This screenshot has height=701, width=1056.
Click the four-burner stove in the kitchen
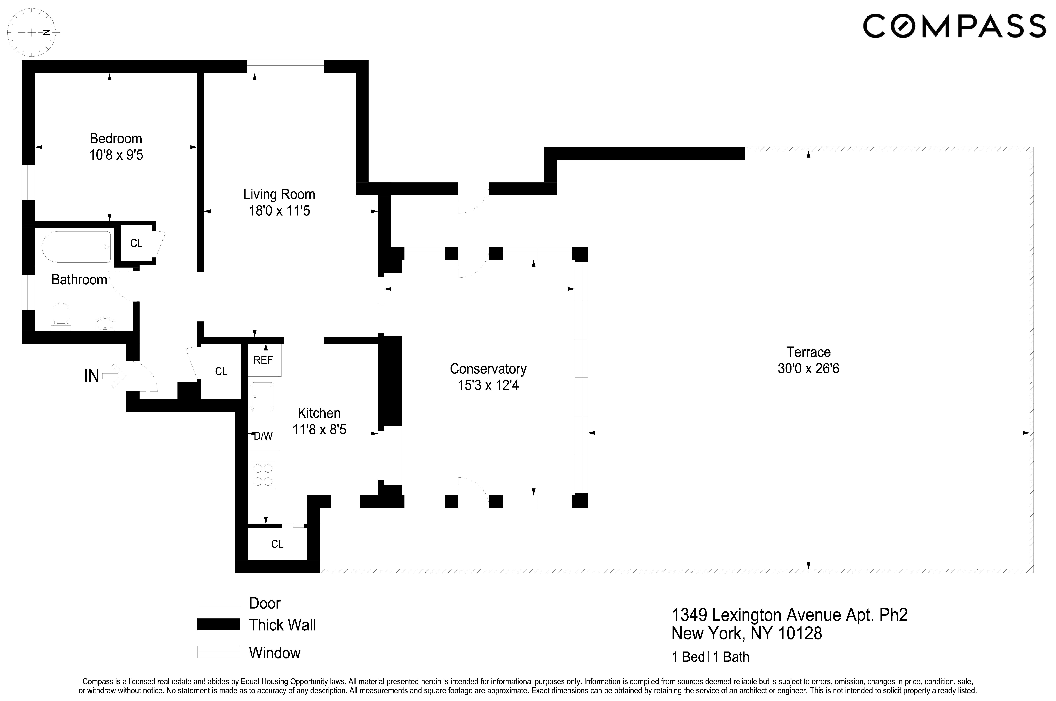263,475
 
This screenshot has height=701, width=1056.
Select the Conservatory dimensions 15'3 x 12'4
488,385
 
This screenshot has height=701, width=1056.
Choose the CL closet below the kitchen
277,544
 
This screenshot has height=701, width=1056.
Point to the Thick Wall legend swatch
219,625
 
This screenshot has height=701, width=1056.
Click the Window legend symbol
219,652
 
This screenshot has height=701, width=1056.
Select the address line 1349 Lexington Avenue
789,615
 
